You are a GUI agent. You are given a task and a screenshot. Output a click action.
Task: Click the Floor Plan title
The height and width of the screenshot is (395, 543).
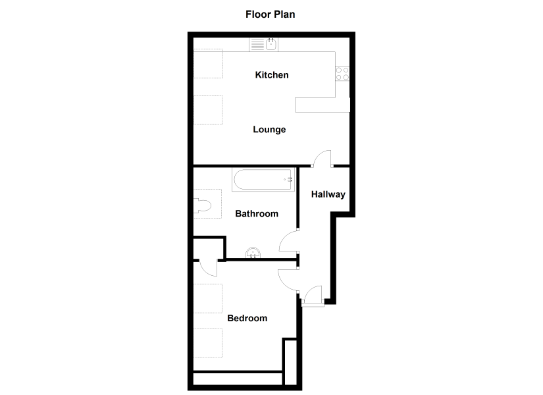(270, 14)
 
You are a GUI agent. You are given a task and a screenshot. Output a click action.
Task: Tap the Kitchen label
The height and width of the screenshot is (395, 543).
(272, 75)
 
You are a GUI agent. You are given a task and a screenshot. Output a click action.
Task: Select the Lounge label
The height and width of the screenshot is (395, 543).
(269, 130)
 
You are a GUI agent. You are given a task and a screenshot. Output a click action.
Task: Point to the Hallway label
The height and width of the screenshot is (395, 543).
(328, 194)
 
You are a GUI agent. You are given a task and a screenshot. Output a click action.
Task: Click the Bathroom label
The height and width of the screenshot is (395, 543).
(257, 213)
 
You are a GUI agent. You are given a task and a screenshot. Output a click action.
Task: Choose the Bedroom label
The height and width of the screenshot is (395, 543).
(247, 318)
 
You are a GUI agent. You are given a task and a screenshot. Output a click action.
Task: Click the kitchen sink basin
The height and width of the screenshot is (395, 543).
(271, 44)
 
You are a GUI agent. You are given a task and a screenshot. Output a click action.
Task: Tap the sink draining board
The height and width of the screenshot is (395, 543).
(257, 45)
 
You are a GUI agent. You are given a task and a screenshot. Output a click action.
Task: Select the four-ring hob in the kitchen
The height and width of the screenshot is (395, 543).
(342, 74)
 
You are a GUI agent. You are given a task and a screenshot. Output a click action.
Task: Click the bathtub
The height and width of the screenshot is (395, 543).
(263, 180)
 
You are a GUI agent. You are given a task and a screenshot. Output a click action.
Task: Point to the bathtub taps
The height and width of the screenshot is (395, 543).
(288, 180)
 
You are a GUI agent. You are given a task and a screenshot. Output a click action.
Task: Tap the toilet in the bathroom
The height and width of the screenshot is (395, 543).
(202, 205)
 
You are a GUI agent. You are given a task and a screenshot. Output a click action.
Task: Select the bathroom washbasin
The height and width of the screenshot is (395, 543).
(253, 253)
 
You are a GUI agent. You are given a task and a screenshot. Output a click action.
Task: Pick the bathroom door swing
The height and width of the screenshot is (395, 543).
(289, 241)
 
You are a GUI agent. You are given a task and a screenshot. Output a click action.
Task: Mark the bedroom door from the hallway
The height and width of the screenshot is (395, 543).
(288, 279)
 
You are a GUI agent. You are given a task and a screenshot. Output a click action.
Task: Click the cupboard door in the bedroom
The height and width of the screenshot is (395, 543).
(209, 267)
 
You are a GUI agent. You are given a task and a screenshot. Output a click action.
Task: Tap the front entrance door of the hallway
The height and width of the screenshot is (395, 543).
(313, 295)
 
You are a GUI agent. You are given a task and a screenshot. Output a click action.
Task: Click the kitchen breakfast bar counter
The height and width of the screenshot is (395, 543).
(323, 105)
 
